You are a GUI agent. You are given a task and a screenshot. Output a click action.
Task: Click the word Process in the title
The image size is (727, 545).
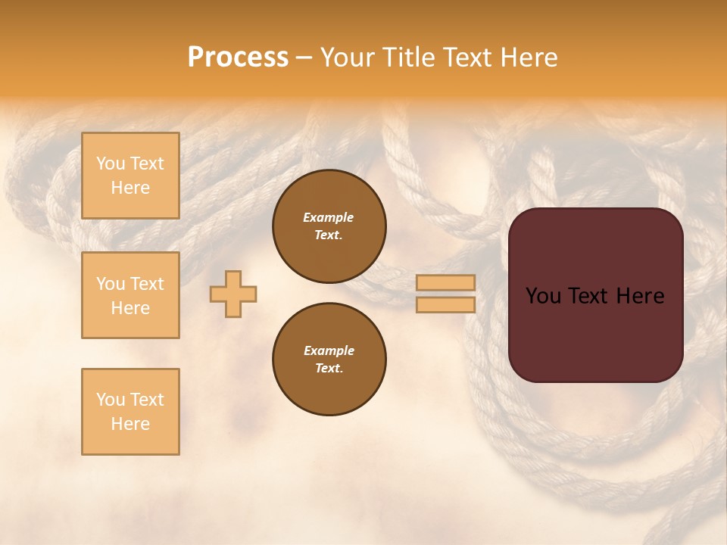238,58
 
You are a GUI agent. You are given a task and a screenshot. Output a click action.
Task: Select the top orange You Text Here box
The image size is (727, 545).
130,176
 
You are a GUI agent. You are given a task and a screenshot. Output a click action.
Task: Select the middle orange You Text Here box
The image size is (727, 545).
130,295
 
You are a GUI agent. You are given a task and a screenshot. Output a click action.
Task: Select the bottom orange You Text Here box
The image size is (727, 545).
130,412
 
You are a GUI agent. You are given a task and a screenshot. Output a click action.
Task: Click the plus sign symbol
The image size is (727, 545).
233,294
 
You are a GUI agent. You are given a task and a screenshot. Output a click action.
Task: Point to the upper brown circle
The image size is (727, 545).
329,226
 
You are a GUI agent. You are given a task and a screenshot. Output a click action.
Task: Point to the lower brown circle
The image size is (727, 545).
329,359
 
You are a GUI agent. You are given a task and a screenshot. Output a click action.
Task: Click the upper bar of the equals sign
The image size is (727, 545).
445,282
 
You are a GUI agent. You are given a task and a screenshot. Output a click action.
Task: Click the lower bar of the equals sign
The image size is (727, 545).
445,305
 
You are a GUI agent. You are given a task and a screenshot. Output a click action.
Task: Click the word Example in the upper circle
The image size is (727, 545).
329,217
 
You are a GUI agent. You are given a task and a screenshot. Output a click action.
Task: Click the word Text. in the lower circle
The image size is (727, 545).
329,368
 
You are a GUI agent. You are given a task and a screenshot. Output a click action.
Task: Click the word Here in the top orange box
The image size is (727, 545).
130,188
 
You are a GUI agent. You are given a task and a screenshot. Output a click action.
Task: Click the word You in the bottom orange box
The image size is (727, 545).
111,400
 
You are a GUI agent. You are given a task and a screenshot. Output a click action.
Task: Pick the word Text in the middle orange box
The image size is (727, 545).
146,284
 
